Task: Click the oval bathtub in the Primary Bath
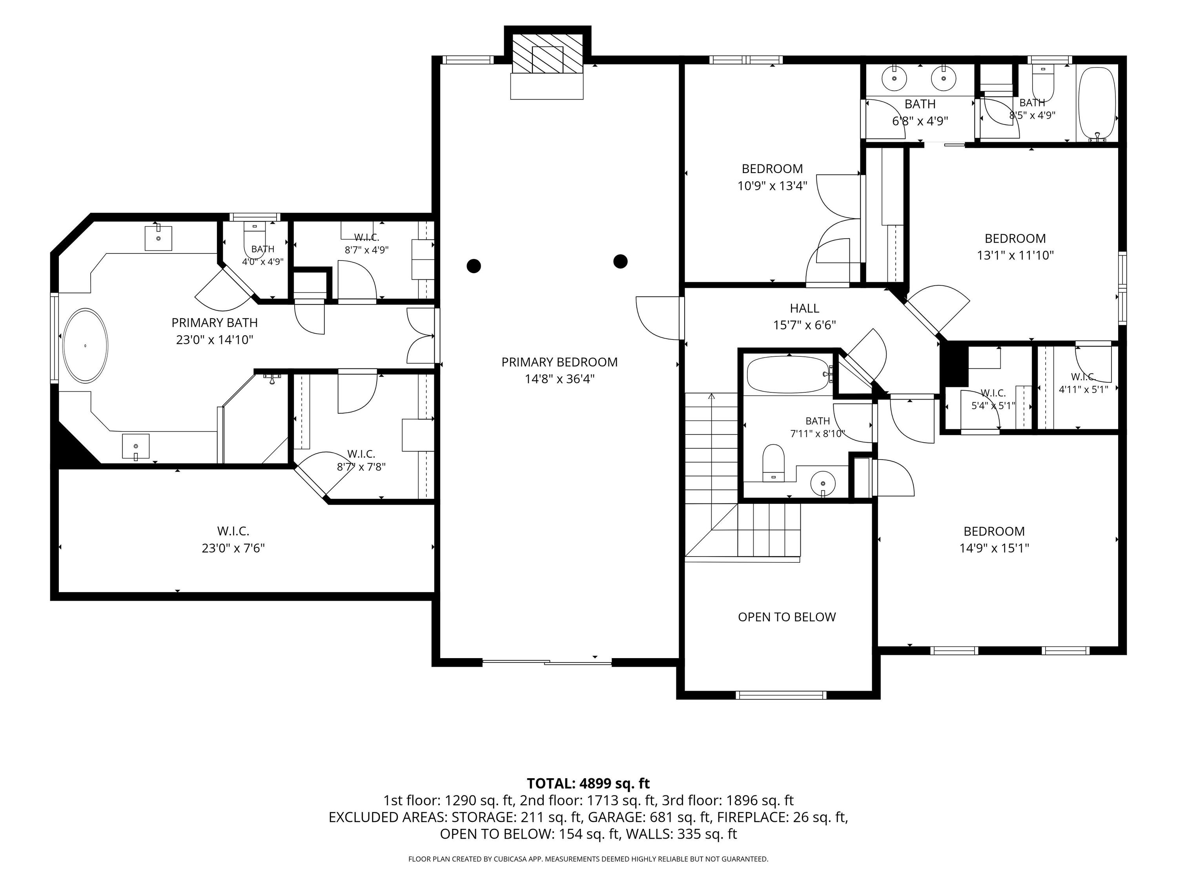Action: coord(85,345)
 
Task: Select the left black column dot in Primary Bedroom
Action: coord(474,266)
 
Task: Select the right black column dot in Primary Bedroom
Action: coord(620,261)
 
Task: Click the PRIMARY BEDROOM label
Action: coord(559,362)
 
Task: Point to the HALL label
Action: coord(805,308)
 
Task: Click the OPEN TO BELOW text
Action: coord(787,617)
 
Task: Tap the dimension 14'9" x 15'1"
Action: coord(994,548)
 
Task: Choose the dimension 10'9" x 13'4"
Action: coord(772,186)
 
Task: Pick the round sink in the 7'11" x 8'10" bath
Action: coord(823,483)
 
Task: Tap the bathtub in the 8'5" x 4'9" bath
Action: coord(1096,104)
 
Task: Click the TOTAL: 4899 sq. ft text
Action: coord(588,783)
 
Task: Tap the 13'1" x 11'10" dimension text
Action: coord(1015,255)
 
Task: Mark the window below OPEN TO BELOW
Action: coord(781,695)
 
